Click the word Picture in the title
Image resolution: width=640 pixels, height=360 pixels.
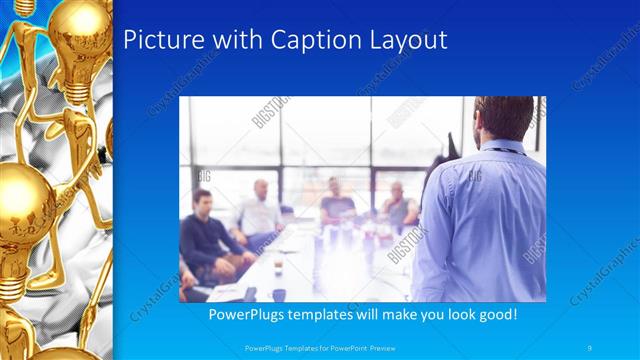point(164,40)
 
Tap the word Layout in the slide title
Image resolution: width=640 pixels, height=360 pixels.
point(408,40)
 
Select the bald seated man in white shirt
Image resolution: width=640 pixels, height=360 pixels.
point(260,210)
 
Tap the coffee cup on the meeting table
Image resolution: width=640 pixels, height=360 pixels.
point(278,294)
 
